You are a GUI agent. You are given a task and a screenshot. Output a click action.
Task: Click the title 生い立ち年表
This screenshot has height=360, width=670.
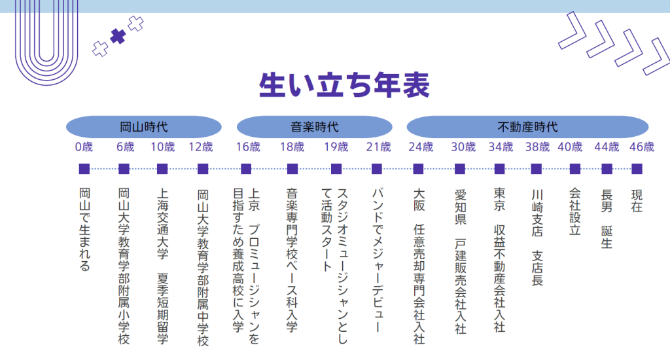344,84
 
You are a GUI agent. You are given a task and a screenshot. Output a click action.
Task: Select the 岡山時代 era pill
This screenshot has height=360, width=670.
143,127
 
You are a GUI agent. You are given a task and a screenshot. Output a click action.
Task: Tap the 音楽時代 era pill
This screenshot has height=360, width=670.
315,127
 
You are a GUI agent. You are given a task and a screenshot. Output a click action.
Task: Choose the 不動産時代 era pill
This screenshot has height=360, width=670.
528,127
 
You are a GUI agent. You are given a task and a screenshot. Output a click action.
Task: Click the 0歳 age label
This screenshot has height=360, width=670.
84,147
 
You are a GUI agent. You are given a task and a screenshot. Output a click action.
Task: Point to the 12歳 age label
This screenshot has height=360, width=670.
201,147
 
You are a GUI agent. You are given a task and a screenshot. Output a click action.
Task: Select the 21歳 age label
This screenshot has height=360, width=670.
379,147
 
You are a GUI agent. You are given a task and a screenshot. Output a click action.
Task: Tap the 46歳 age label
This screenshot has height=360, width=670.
642,147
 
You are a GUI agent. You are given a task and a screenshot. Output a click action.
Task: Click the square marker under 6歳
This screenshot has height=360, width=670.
124,169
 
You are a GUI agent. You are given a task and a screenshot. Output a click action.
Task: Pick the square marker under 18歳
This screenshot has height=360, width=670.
292,169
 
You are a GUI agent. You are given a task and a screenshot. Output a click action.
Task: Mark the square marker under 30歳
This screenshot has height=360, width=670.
460,169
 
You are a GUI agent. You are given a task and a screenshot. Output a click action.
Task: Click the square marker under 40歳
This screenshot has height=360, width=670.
575,169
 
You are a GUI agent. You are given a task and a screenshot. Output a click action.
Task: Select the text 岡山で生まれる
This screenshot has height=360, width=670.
84,230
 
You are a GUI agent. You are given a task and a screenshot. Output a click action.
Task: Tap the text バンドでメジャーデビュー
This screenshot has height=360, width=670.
378,260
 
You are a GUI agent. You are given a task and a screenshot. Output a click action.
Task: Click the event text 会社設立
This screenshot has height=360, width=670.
575,211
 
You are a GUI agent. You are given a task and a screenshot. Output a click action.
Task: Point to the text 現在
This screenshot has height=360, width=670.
637,200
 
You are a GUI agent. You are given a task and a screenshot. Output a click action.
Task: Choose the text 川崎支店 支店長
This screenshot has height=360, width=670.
537,238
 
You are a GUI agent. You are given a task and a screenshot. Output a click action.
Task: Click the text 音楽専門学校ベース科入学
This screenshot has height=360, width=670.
292,260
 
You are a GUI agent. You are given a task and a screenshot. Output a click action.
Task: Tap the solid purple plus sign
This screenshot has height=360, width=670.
118,37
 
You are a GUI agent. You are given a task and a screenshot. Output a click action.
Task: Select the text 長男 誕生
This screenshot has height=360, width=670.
607,219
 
